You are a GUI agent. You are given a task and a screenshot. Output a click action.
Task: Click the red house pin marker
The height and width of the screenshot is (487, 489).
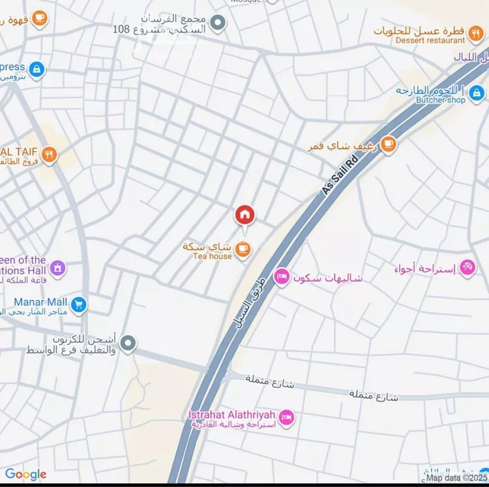pos(244,214)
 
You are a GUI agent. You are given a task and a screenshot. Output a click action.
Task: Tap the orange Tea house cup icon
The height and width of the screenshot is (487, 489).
pos(243,248)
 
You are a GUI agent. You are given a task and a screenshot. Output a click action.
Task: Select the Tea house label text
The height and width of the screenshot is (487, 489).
pos(212,256)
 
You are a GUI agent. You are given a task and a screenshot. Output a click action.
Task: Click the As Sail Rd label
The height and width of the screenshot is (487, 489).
pos(340,174)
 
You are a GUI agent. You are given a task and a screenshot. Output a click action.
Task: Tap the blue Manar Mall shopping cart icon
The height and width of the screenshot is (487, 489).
pos(79,303)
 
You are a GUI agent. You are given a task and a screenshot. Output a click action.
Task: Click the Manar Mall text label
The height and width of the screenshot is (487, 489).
pos(40,302)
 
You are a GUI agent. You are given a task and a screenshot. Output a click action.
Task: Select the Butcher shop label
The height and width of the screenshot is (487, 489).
pos(440,100)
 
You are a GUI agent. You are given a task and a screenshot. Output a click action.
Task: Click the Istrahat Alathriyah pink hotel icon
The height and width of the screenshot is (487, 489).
pos(286,416)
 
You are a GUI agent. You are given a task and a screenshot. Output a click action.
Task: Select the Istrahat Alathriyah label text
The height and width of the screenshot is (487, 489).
pos(232,415)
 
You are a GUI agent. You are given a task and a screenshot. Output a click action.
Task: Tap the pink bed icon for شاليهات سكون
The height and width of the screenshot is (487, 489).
pos(282,278)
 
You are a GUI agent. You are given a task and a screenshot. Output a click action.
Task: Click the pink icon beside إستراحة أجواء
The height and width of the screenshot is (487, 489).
pos(467,267)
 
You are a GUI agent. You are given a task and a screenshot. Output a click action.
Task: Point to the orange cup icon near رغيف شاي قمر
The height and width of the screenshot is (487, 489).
pos(389,143)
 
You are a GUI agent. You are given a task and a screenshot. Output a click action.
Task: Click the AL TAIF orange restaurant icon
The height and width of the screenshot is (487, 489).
pos(49,155)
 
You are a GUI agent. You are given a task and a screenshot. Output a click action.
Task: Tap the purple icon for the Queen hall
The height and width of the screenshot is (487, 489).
pos(58,267)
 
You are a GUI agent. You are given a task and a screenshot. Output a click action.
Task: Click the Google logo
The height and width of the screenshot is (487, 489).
pos(25,475)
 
